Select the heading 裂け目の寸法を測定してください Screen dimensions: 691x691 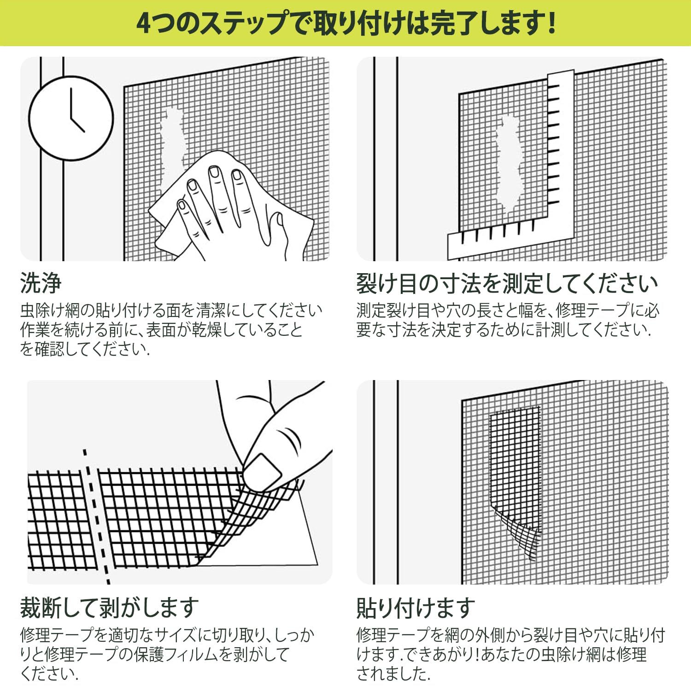pos(507,283)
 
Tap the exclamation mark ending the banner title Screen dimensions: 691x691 pos(551,23)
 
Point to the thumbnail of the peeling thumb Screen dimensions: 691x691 pos(262,471)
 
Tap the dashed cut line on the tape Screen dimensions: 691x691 pos(97,516)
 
